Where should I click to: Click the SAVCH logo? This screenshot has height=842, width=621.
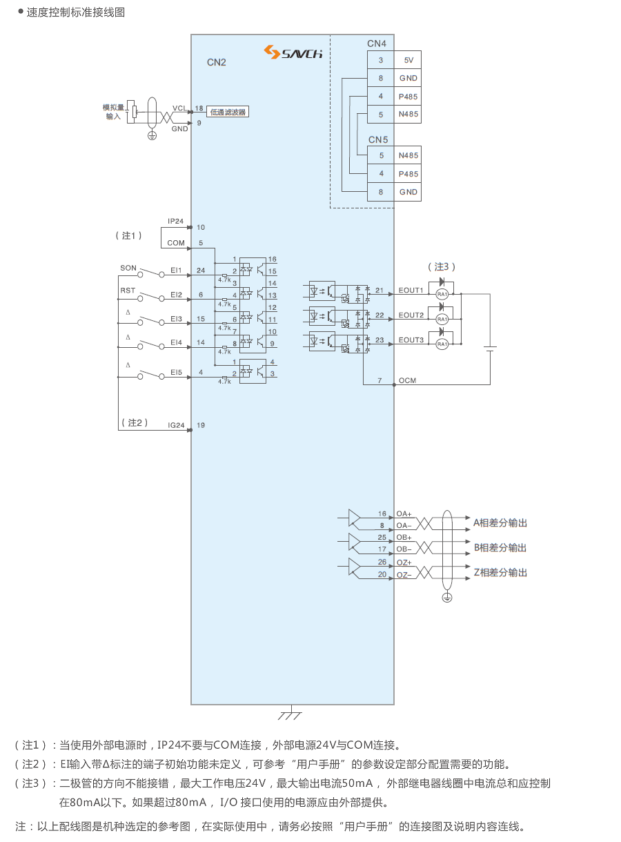[293, 52]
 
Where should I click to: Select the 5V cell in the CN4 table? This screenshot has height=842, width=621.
[408, 60]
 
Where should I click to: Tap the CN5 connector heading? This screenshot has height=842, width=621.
[377, 140]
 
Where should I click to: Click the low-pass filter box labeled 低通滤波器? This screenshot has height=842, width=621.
[228, 111]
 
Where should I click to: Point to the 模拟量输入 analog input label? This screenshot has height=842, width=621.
[113, 112]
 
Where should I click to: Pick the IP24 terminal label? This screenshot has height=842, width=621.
[176, 222]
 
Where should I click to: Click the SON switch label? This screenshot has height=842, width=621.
[128, 268]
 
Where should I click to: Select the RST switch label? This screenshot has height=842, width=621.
[128, 291]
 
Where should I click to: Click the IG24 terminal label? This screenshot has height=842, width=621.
[177, 425]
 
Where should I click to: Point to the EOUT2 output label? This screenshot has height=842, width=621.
[411, 315]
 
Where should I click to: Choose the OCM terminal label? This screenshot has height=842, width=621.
[407, 381]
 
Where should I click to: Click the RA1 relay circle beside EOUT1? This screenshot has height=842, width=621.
[442, 294]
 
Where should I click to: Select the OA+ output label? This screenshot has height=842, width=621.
[404, 514]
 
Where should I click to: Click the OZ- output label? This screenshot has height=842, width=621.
[404, 575]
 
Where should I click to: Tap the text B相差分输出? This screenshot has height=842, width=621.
[500, 547]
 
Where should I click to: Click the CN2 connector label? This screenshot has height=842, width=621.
[217, 62]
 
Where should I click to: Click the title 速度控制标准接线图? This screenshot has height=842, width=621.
[76, 12]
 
